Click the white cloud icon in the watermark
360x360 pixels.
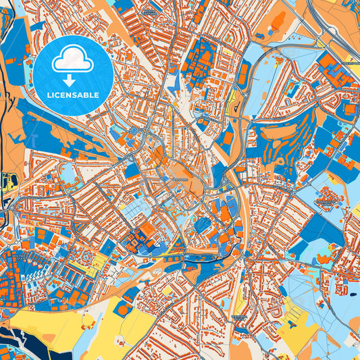(x=74, y=59)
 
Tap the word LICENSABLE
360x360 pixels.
(x=73, y=95)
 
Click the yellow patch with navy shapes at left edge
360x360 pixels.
(x=9, y=182)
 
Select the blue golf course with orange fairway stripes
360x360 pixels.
(x=284, y=135)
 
